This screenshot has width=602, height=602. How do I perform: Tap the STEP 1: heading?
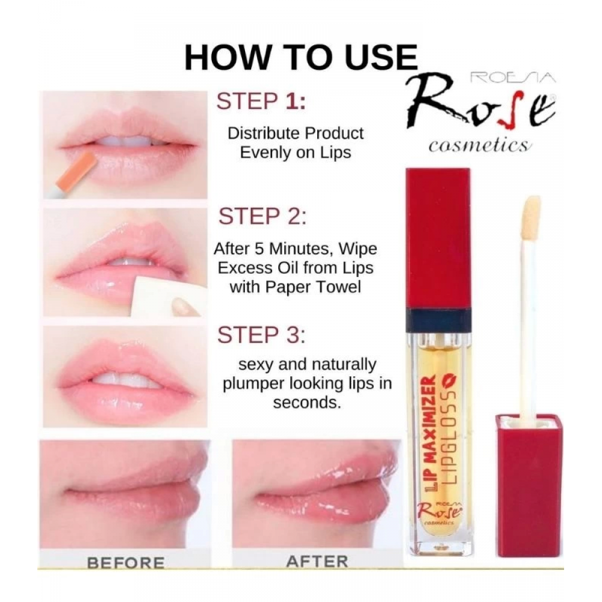(261, 101)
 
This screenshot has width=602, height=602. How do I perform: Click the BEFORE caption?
(126, 563)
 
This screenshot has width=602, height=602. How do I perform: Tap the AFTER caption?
(317, 562)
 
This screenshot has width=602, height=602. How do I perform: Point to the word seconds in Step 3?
(307, 403)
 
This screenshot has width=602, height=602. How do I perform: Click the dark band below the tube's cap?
(438, 320)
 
